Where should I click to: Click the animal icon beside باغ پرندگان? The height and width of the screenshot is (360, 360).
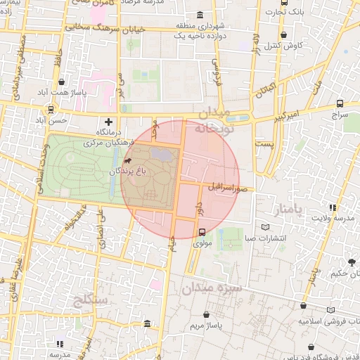point(127,162)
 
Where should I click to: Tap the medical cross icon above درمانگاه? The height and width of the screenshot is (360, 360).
point(108,122)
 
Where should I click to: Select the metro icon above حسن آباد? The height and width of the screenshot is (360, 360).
point(51,110)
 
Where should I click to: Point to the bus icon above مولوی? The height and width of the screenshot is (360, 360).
point(202,232)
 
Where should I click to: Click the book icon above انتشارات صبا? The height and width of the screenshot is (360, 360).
point(265,227)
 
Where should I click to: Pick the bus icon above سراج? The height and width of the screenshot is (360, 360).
point(340,102)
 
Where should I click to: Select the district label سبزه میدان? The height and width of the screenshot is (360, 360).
point(212,288)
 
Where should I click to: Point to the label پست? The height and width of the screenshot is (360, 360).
point(264,143)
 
